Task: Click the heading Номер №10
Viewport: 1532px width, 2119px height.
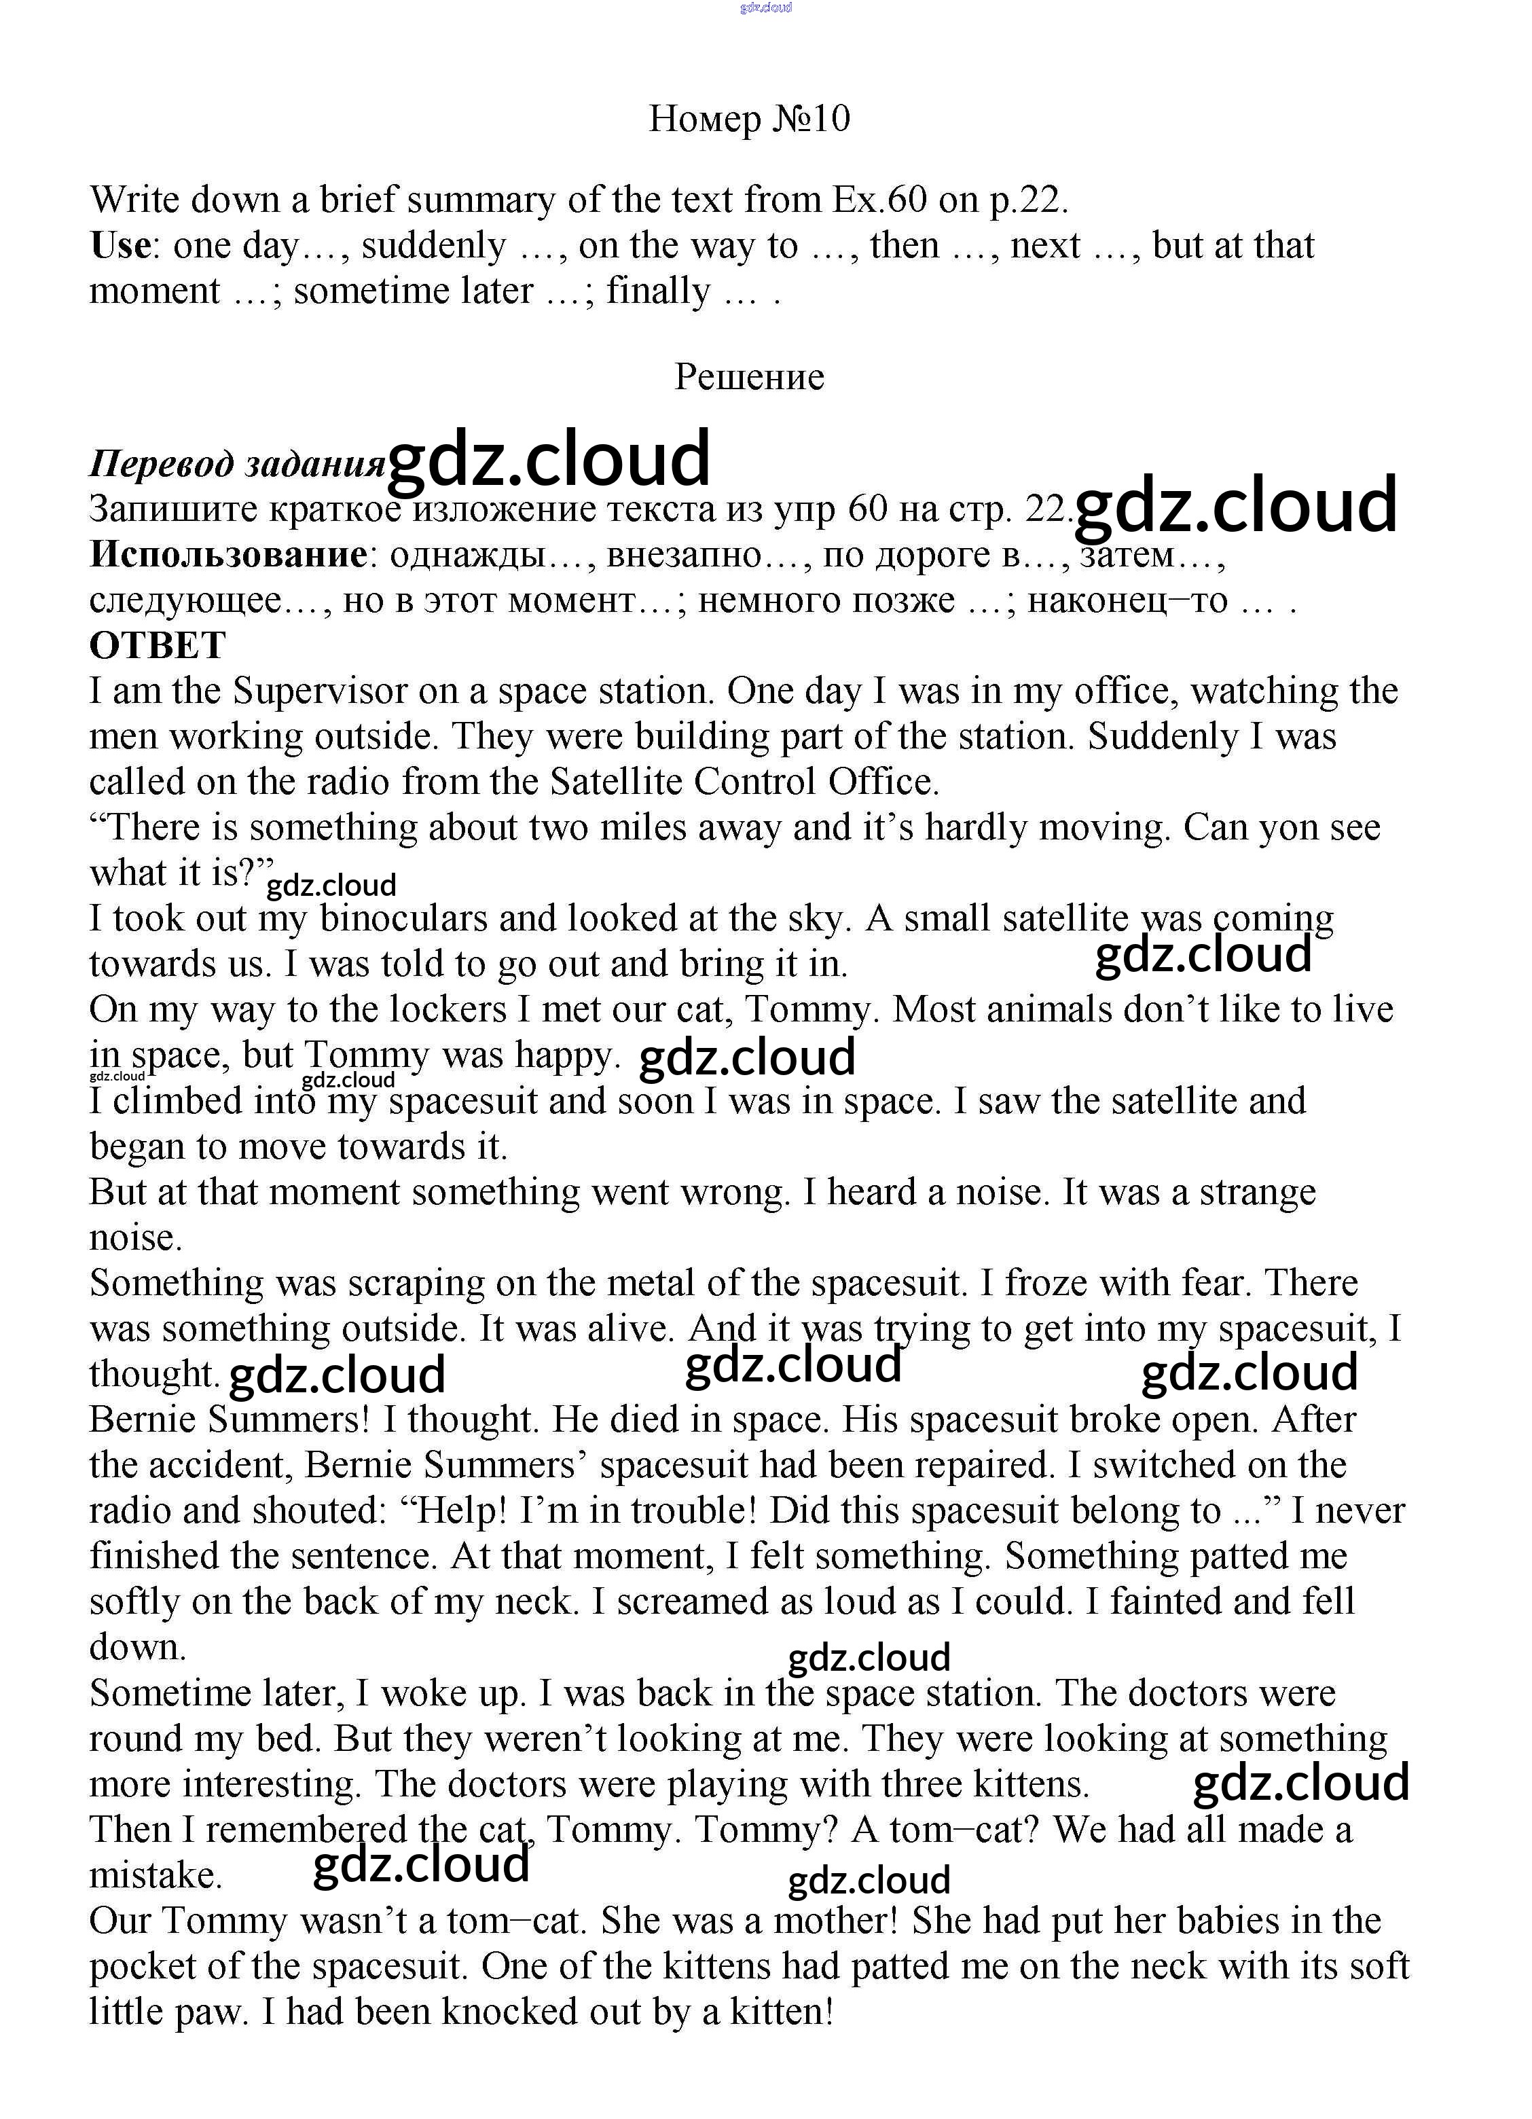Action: [749, 119]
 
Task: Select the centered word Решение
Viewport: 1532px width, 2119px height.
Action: [749, 376]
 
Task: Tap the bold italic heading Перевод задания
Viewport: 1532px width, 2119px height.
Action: [237, 463]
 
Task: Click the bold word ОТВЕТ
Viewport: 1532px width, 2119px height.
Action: [158, 645]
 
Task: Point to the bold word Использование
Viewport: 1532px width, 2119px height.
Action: [229, 554]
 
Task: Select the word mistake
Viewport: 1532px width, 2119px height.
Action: [155, 1874]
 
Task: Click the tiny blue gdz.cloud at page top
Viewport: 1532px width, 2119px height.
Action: [765, 7]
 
